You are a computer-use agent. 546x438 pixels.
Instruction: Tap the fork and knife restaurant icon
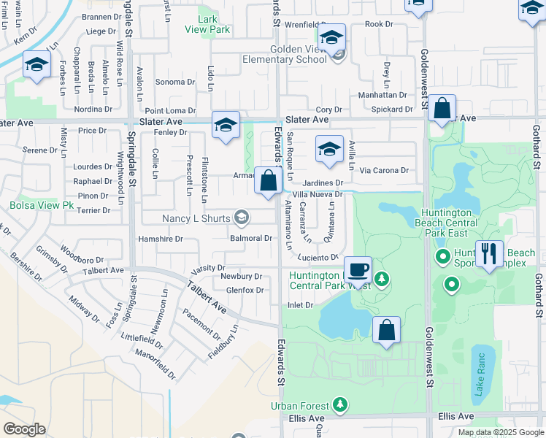point(489,254)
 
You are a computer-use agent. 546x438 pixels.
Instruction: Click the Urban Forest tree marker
point(339,404)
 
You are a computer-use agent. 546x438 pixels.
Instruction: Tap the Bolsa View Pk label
point(42,206)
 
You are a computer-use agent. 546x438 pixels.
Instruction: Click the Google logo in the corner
point(24,429)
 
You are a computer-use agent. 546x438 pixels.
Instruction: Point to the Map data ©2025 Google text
point(500,432)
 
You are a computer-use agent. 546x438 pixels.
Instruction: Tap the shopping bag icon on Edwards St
point(268,181)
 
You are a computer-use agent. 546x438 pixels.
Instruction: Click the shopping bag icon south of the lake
point(386,330)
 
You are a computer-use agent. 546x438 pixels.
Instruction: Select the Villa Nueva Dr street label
point(318,194)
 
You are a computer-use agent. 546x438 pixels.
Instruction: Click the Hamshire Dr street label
point(160,239)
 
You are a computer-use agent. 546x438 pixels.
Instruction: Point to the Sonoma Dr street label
point(175,82)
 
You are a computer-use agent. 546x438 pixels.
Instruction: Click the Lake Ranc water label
point(480,376)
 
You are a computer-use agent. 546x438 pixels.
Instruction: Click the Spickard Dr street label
point(392,109)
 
